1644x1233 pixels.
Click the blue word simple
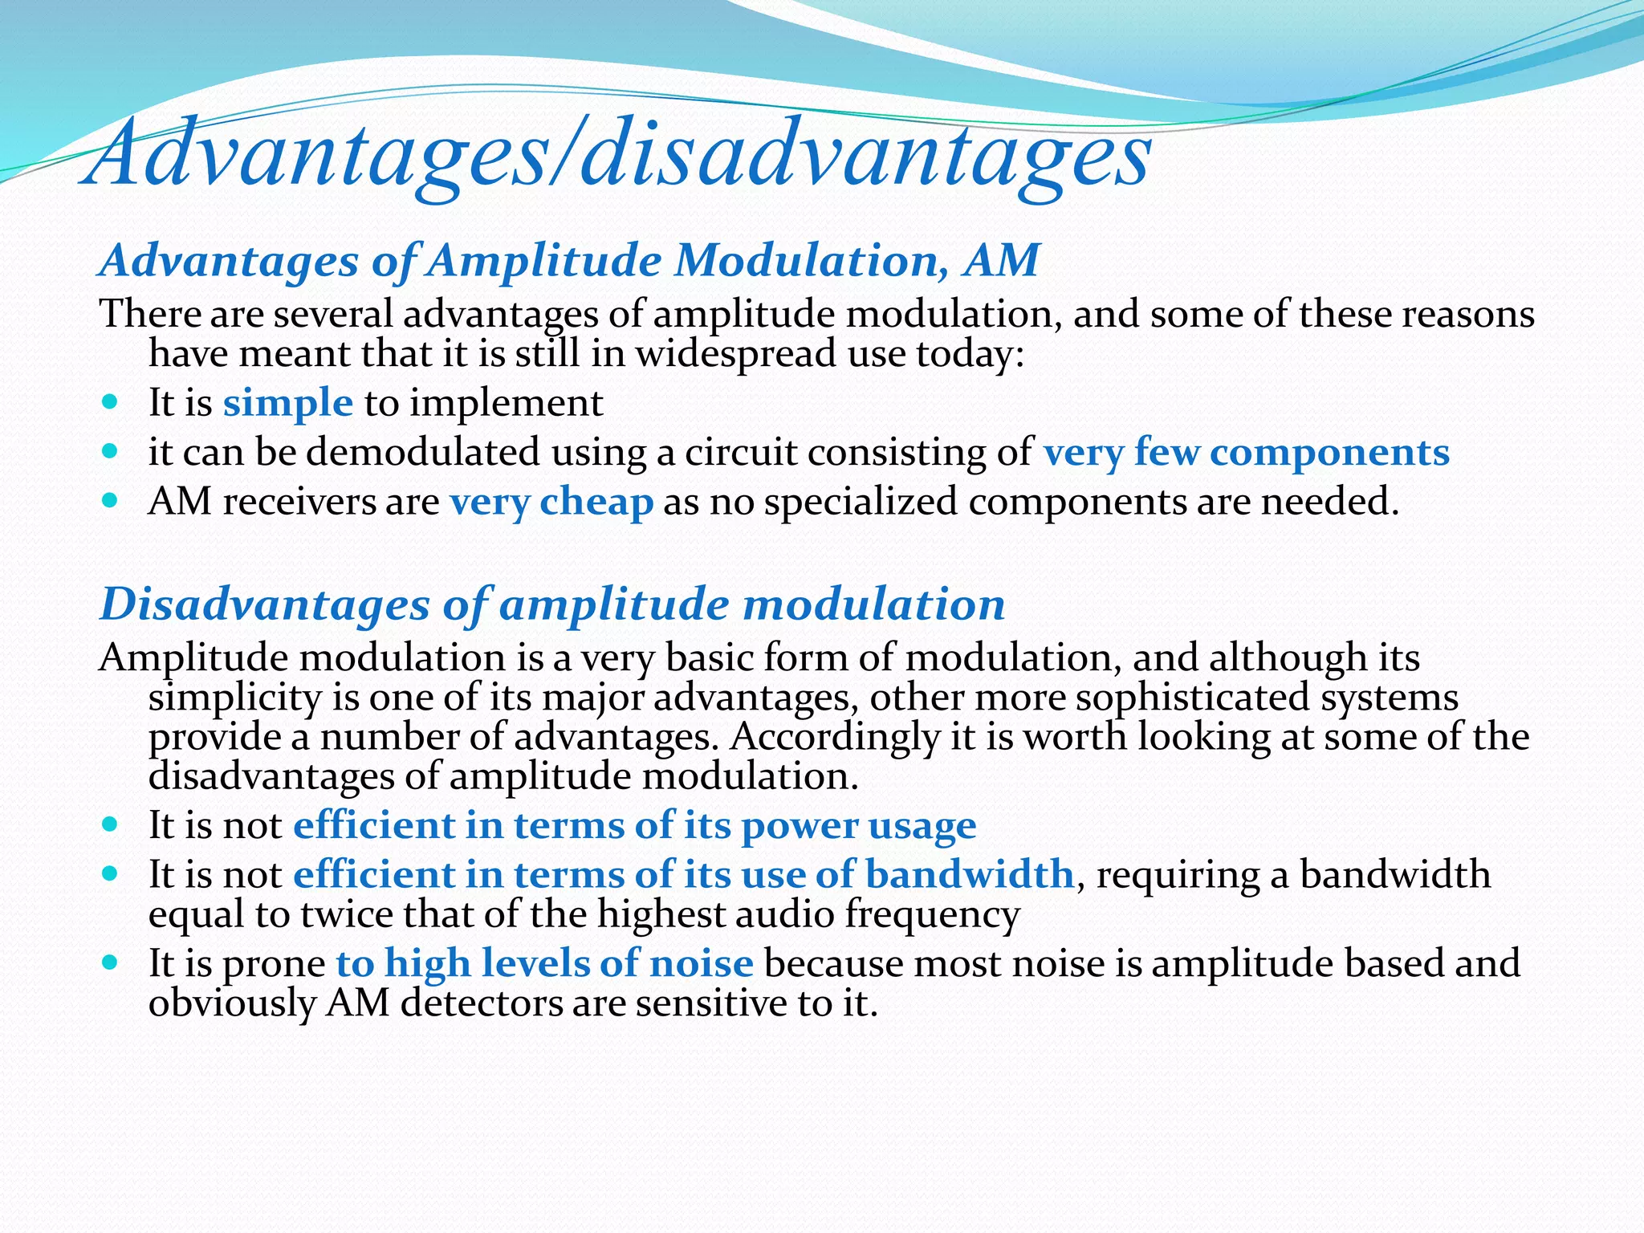287,403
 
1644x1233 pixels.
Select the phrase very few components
1246,453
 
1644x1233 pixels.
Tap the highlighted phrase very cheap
551,503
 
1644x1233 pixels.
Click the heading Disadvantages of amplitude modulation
552,604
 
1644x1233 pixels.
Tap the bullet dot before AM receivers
111,500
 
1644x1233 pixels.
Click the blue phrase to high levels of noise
544,963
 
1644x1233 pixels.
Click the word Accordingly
835,737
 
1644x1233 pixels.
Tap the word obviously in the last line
232,1003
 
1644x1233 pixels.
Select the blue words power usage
858,826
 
